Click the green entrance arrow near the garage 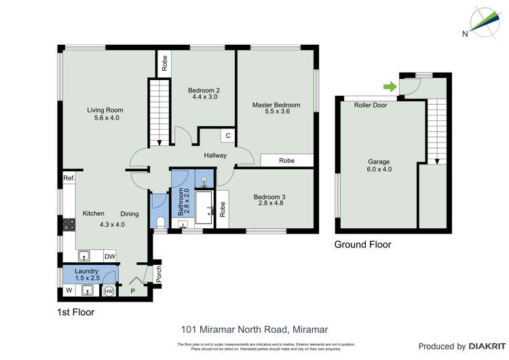click(x=389, y=86)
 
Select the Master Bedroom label click(x=276, y=105)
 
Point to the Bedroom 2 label click(x=204, y=90)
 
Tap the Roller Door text click(x=371, y=105)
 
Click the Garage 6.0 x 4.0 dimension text click(x=379, y=170)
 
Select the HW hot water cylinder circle click(x=109, y=291)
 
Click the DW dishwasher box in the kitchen click(x=110, y=256)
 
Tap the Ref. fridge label click(x=68, y=178)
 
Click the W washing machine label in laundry click(x=68, y=291)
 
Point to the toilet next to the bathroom click(x=159, y=222)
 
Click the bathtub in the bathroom click(x=205, y=207)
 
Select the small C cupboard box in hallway click(x=228, y=136)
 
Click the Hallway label click(x=215, y=156)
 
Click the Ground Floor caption click(x=362, y=245)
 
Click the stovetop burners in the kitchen click(x=68, y=222)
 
